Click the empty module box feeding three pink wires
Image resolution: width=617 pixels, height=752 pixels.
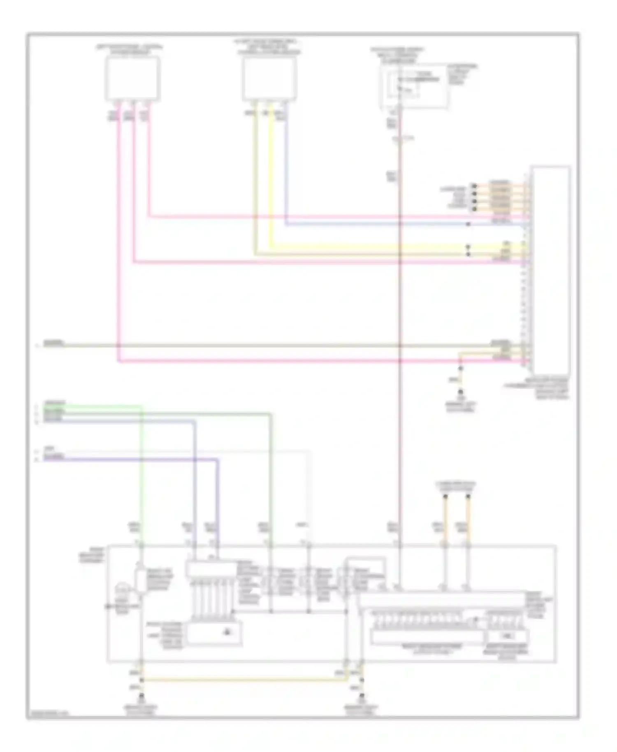point(132,78)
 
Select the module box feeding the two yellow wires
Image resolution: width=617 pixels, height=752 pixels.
point(269,78)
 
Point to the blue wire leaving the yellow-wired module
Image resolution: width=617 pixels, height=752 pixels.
point(285,173)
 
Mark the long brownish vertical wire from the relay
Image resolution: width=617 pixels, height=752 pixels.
point(399,329)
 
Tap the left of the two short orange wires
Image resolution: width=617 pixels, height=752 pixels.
point(445,518)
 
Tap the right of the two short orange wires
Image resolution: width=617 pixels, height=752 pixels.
point(468,518)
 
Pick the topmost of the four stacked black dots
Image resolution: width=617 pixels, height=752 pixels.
point(474,186)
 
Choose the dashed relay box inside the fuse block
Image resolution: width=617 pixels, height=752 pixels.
point(405,86)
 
